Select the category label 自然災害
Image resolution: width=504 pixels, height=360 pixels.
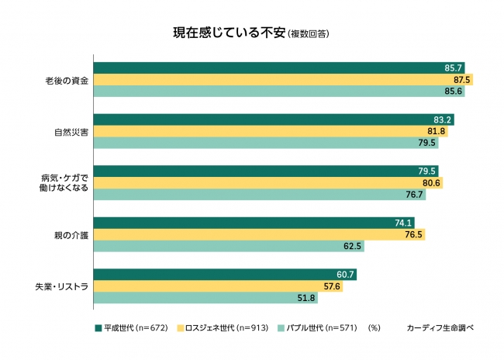pos(68,132)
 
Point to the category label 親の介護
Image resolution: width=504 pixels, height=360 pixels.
pos(68,235)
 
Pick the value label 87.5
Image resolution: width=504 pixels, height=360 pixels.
pos(462,80)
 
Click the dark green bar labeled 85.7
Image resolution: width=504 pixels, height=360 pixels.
pos(271,68)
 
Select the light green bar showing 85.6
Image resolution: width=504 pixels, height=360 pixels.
pos(271,92)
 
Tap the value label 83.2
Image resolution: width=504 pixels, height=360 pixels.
pos(444,119)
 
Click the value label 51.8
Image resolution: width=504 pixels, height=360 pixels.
pos(306,298)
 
